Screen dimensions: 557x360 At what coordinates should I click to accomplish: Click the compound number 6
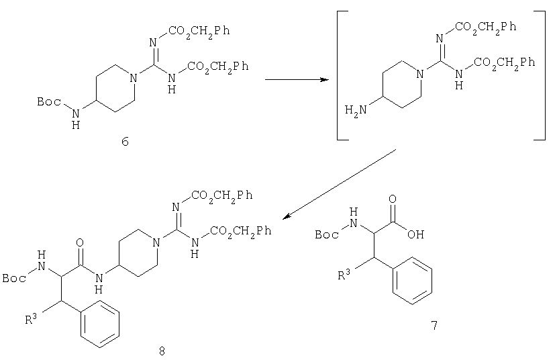[x=125, y=142]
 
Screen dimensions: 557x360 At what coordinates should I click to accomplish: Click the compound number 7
[x=434, y=325]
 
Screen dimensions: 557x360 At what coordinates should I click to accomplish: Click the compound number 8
[x=162, y=351]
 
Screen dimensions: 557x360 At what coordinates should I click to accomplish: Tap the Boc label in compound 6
[x=49, y=102]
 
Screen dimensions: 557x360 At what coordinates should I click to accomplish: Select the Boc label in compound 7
[x=327, y=235]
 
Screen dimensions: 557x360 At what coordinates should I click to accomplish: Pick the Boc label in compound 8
[x=14, y=278]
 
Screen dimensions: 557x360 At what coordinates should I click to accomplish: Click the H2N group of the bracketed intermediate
[x=356, y=109]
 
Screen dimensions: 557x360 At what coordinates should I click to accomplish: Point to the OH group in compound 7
[x=415, y=234]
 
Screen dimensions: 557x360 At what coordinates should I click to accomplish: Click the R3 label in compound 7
[x=344, y=274]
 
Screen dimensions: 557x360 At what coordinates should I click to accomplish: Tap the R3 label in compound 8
[x=31, y=319]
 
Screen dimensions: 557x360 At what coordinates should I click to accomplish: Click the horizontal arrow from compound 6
[x=297, y=80]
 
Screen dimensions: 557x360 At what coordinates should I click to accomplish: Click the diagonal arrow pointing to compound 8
[x=340, y=184]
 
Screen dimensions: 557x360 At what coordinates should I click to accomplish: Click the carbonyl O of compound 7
[x=393, y=199]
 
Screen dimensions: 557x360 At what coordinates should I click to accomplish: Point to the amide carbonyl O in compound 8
[x=80, y=242]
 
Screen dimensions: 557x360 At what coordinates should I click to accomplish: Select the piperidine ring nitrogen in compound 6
[x=134, y=78]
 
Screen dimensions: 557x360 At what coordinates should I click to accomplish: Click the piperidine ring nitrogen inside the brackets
[x=421, y=75]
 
